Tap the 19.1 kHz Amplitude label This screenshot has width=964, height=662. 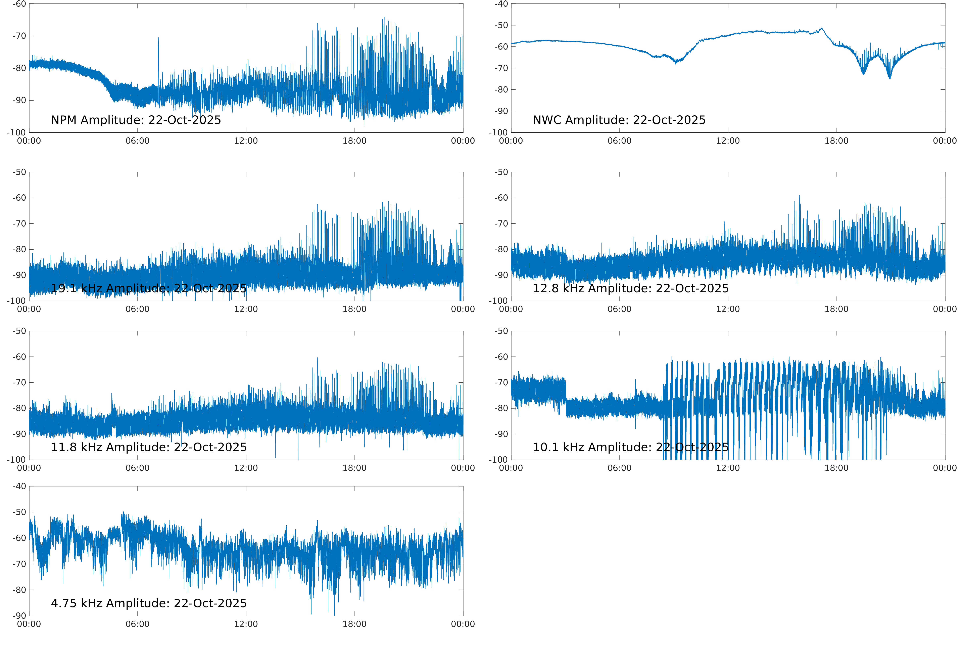149,288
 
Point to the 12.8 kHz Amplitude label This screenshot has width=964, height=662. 630,288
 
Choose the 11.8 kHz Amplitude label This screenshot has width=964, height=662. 149,447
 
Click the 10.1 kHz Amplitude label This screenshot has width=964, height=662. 630,447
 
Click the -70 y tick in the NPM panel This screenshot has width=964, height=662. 19,36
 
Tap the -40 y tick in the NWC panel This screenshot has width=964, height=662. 501,4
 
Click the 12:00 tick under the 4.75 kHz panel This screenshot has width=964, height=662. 246,624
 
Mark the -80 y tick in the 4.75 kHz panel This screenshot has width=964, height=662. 19,590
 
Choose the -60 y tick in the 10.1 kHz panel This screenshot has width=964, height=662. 501,357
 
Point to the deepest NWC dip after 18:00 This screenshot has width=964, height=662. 889,78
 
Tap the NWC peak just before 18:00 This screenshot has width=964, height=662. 822,28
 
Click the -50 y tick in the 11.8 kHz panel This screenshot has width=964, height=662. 19,331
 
